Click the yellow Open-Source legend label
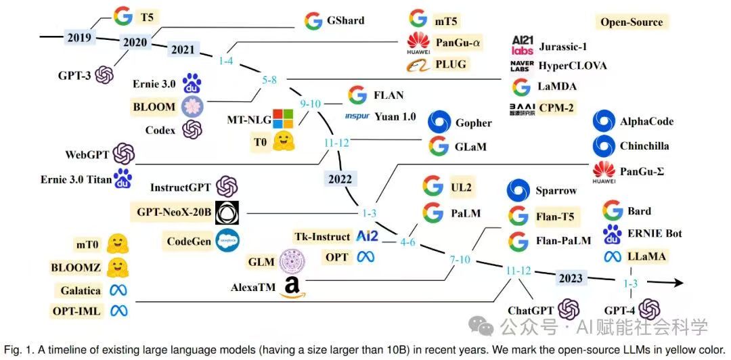(632, 22)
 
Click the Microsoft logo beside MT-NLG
(281, 120)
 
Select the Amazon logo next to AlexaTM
(292, 287)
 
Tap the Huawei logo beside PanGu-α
(418, 43)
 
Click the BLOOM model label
(154, 106)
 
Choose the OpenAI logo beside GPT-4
(650, 310)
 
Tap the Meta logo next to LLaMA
(612, 256)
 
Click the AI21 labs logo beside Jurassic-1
(522, 45)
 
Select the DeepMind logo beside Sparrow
(518, 190)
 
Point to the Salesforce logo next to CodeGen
(227, 240)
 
